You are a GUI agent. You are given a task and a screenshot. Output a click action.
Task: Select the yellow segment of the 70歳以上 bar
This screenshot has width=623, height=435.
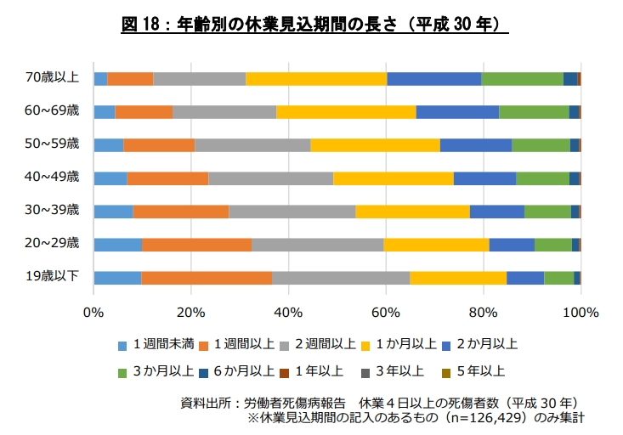click(316, 79)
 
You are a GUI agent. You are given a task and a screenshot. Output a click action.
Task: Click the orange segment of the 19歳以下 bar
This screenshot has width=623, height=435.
click(207, 278)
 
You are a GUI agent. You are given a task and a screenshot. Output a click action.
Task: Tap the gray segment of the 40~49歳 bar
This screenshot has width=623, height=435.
click(271, 178)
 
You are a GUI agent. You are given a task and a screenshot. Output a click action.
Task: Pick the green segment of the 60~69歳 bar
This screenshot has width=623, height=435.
click(534, 112)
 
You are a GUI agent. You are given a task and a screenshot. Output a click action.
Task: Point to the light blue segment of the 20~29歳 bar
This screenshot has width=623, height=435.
click(118, 245)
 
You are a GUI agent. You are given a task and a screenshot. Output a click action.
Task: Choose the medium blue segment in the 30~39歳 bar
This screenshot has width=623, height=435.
click(497, 212)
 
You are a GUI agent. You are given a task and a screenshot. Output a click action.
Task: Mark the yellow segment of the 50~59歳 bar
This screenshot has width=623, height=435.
click(376, 145)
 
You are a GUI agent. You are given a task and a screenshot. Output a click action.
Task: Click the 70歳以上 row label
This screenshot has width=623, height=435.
click(52, 77)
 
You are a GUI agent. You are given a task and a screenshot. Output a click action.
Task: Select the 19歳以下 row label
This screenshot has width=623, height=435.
click(52, 276)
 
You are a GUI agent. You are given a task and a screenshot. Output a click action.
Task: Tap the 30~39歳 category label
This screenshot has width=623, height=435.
click(52, 209)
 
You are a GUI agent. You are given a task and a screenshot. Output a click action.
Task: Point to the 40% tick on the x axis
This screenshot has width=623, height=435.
click(288, 313)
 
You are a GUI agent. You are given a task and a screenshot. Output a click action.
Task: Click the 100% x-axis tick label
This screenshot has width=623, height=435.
click(581, 313)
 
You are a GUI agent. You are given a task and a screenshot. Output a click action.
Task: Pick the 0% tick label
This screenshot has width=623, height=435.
click(93, 313)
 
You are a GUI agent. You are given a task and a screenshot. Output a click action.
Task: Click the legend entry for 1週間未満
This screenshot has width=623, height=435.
click(156, 344)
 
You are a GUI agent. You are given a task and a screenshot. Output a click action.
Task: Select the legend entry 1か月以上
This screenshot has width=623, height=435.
click(399, 344)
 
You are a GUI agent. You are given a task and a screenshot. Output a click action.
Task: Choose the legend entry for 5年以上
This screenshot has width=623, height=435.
click(473, 371)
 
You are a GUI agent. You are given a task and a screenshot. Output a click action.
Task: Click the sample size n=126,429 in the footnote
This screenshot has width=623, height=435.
click(487, 418)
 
